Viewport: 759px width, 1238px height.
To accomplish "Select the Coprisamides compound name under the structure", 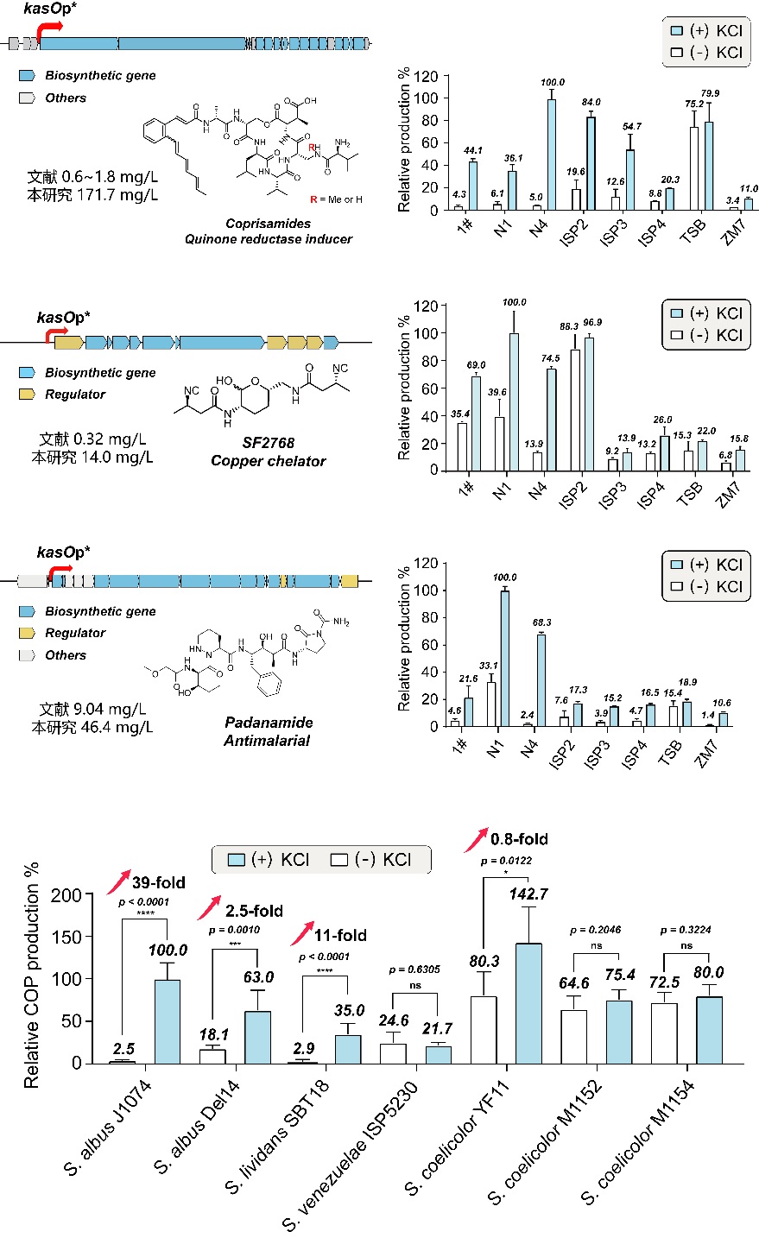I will click(268, 224).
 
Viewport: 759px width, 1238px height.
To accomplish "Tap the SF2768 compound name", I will click(269, 443).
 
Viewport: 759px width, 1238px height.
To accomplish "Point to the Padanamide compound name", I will click(269, 723).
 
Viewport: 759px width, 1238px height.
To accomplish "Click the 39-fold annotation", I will click(158, 882).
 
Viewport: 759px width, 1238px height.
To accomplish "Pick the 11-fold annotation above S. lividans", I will click(339, 935).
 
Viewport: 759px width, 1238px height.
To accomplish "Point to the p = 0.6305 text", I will click(412, 970).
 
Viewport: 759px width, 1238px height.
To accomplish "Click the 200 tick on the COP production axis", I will click(66, 895).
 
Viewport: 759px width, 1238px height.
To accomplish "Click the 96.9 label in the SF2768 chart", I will click(591, 322).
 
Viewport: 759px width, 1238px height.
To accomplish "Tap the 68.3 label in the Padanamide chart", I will click(541, 622).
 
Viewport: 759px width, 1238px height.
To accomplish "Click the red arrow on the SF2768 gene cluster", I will click(59, 331).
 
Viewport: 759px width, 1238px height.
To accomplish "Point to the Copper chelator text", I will click(269, 461).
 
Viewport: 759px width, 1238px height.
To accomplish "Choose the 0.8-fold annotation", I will click(518, 838).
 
